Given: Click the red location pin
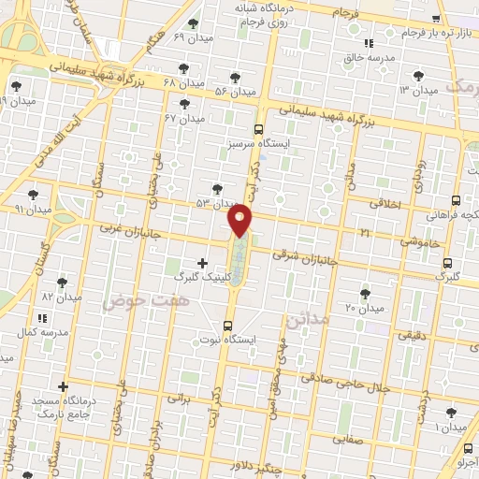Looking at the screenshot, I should tap(241, 220).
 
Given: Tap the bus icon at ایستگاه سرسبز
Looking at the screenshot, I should tap(259, 130).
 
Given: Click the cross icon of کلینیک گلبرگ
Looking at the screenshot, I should tap(202, 263).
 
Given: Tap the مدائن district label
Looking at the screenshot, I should tap(307, 319).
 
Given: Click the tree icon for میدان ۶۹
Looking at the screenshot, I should tap(193, 23).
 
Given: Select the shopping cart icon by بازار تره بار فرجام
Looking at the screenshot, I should tap(435, 18).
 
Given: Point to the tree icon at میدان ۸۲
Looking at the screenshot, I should tap(62, 282).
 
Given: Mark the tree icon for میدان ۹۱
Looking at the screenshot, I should tap(34, 195).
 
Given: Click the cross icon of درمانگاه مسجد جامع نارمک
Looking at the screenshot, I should tap(63, 386).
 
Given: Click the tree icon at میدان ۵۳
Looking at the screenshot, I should tap(218, 189).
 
